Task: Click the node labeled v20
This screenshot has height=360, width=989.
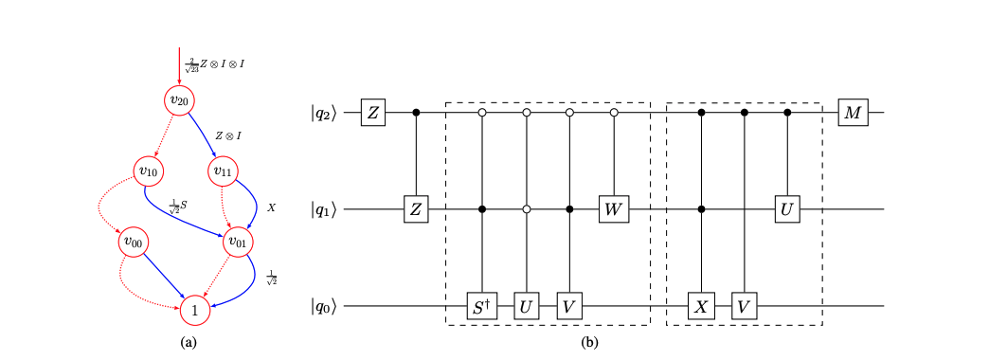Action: (179, 100)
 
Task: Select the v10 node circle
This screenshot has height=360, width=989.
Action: (147, 171)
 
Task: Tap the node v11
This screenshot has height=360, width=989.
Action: (221, 171)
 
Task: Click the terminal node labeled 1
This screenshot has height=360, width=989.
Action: (194, 310)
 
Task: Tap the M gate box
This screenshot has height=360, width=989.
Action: (853, 114)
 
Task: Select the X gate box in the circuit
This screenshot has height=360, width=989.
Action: (701, 306)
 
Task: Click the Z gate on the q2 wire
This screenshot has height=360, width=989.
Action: (373, 114)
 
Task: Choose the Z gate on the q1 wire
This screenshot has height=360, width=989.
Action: (417, 208)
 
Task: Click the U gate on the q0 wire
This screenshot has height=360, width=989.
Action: (526, 306)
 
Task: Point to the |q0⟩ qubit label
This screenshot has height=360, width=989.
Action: (324, 306)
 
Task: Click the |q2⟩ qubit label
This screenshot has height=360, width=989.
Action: (324, 114)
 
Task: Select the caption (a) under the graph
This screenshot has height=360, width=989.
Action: (188, 341)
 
